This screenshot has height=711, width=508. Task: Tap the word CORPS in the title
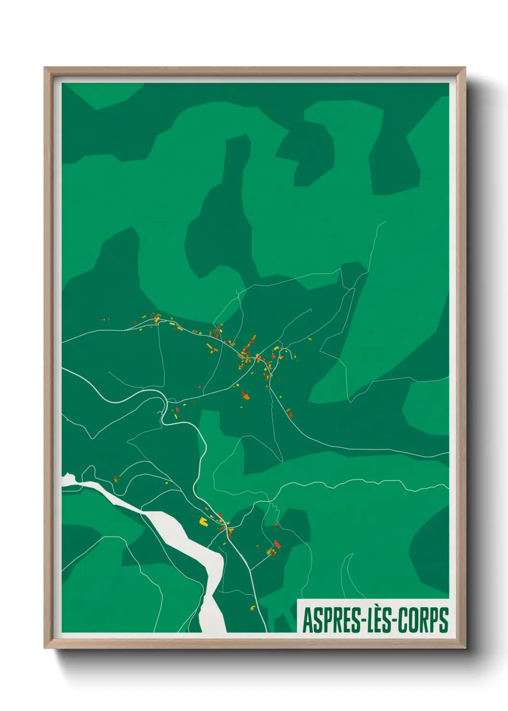click(x=425, y=620)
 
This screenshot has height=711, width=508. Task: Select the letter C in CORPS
click(x=406, y=620)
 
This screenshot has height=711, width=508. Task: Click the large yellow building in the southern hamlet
click(x=203, y=521)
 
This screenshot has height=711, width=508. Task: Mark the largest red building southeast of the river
click(x=277, y=544)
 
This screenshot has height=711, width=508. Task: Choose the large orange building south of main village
click(x=245, y=396)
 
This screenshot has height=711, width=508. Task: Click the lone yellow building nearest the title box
click(x=253, y=608)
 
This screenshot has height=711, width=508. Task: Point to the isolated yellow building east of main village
click(x=310, y=339)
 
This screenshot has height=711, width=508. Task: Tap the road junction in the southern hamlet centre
click(x=224, y=528)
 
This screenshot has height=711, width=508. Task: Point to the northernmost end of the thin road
click(x=385, y=222)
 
